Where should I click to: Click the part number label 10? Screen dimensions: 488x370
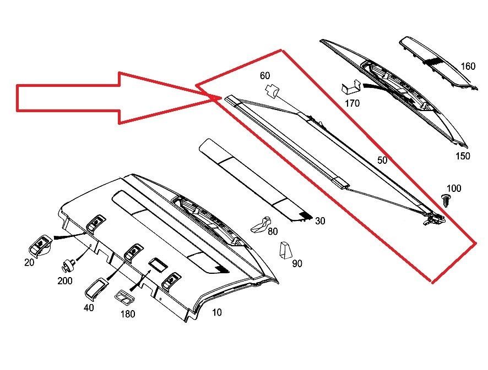click(216, 312)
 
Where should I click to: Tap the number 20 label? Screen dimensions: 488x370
click(29, 262)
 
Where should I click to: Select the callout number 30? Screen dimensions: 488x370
click(320, 221)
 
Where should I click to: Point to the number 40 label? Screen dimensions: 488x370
click(89, 307)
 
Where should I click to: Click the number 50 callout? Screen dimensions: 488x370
click(382, 160)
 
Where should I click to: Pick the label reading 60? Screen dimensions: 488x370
click(265, 75)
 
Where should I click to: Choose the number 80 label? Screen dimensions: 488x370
click(273, 231)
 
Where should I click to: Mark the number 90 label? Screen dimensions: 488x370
click(297, 263)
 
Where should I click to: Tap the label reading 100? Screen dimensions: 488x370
click(454, 188)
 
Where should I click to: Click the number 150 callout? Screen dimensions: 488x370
click(463, 156)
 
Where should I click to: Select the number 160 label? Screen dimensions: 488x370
click(468, 66)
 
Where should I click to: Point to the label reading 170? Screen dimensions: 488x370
click(352, 103)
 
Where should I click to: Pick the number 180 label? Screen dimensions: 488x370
click(128, 314)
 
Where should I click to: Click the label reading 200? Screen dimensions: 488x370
click(65, 281)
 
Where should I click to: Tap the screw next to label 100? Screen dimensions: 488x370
click(446, 200)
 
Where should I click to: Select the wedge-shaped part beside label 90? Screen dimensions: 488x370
click(285, 250)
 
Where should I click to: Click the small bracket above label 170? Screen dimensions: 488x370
click(351, 87)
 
